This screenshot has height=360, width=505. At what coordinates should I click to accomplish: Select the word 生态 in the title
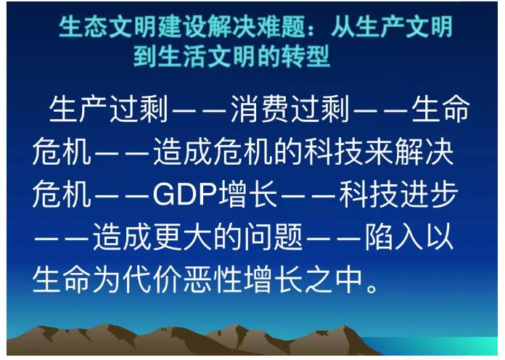pos(83,27)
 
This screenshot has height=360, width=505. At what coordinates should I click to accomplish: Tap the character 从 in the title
pos(342,27)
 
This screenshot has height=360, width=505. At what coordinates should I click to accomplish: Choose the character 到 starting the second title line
pos(145,56)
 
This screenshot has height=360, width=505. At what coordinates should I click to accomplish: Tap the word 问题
pos(273,237)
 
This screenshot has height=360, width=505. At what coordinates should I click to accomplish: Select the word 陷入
pos(393,237)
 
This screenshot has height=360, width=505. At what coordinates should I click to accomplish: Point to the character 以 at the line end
pos(440,237)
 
